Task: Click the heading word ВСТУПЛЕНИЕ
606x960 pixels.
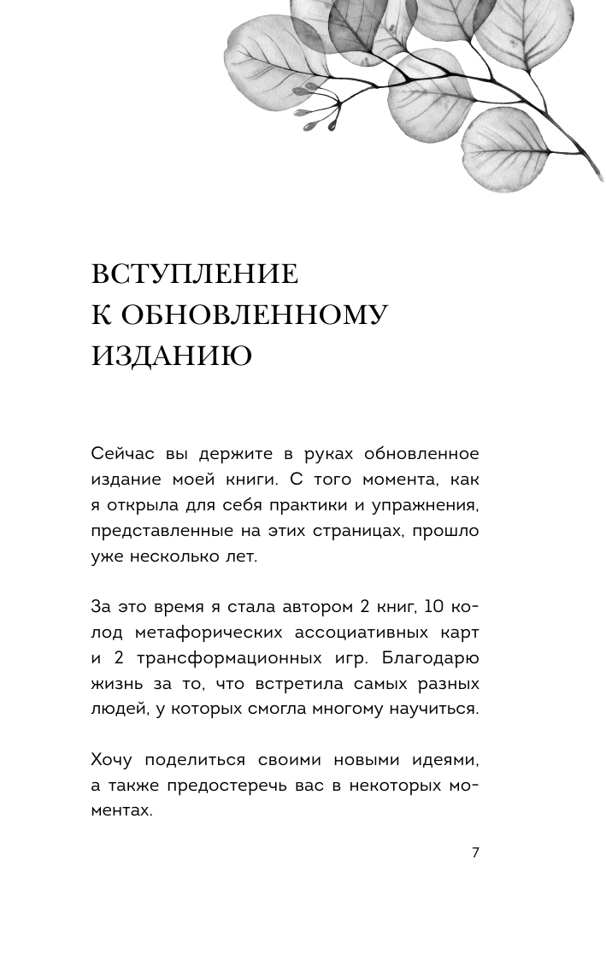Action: pyautogui.click(x=194, y=274)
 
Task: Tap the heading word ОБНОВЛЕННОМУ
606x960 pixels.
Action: pyautogui.click(x=254, y=315)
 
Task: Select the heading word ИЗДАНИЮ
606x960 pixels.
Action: pyautogui.click(x=171, y=355)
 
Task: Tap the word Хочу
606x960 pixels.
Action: pyautogui.click(x=113, y=760)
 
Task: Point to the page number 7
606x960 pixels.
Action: pyautogui.click(x=475, y=852)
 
